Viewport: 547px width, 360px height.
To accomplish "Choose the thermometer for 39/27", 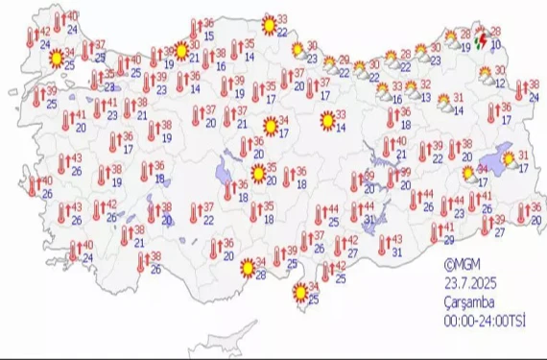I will (485, 225).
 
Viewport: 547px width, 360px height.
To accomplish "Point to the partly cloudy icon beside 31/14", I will (443, 103).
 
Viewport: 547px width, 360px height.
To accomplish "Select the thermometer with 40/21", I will (386, 146).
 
